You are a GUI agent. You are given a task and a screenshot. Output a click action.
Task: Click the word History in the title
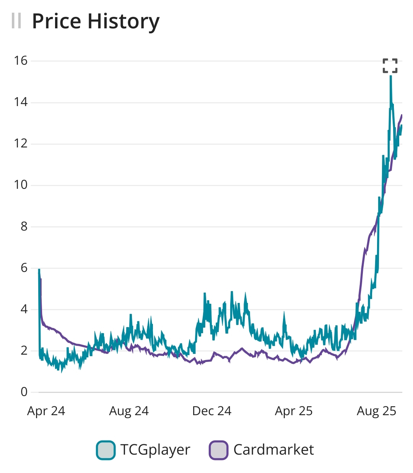coord(123,22)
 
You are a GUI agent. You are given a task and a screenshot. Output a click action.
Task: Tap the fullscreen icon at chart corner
coord(390,66)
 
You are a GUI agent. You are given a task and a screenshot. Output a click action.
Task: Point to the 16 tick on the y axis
coord(21,61)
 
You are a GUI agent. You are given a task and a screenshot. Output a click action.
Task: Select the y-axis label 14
coord(21,102)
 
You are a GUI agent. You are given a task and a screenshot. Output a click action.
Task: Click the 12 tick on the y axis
coord(21,144)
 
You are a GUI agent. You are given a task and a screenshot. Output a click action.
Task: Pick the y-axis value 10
coord(21,185)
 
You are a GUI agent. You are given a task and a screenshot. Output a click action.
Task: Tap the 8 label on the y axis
coord(24,226)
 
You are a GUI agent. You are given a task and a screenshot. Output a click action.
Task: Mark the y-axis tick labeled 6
coord(24,268)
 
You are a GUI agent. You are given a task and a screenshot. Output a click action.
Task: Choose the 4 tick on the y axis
coord(24,309)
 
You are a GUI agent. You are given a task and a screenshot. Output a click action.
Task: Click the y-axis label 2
coord(24,350)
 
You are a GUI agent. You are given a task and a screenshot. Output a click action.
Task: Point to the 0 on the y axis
coord(24,392)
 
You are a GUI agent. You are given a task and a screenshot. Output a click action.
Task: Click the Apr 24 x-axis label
coord(46,411)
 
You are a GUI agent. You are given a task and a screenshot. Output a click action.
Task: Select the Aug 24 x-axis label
coord(129,411)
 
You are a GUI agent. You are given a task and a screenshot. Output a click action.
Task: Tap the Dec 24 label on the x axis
coord(212,411)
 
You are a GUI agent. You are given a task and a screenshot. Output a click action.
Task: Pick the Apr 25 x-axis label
coord(294,411)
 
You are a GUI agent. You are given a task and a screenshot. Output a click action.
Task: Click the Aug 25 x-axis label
coord(377,411)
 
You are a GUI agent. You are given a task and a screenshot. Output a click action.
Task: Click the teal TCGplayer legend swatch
coord(106,450)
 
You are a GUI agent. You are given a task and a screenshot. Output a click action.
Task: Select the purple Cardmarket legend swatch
coord(218,450)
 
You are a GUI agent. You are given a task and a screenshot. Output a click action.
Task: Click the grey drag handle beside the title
coord(16,21)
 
